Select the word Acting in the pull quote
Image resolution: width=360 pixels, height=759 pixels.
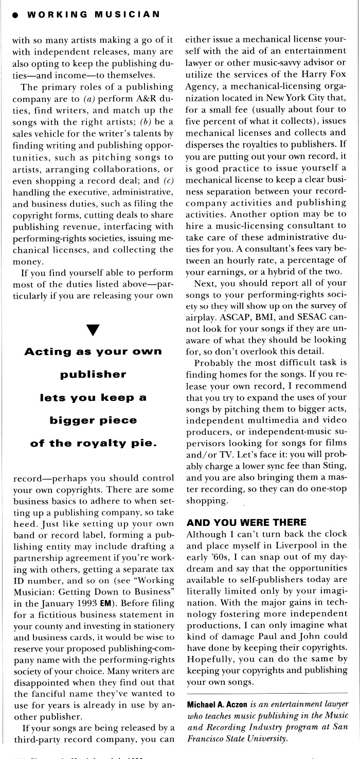[x=47, y=351]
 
